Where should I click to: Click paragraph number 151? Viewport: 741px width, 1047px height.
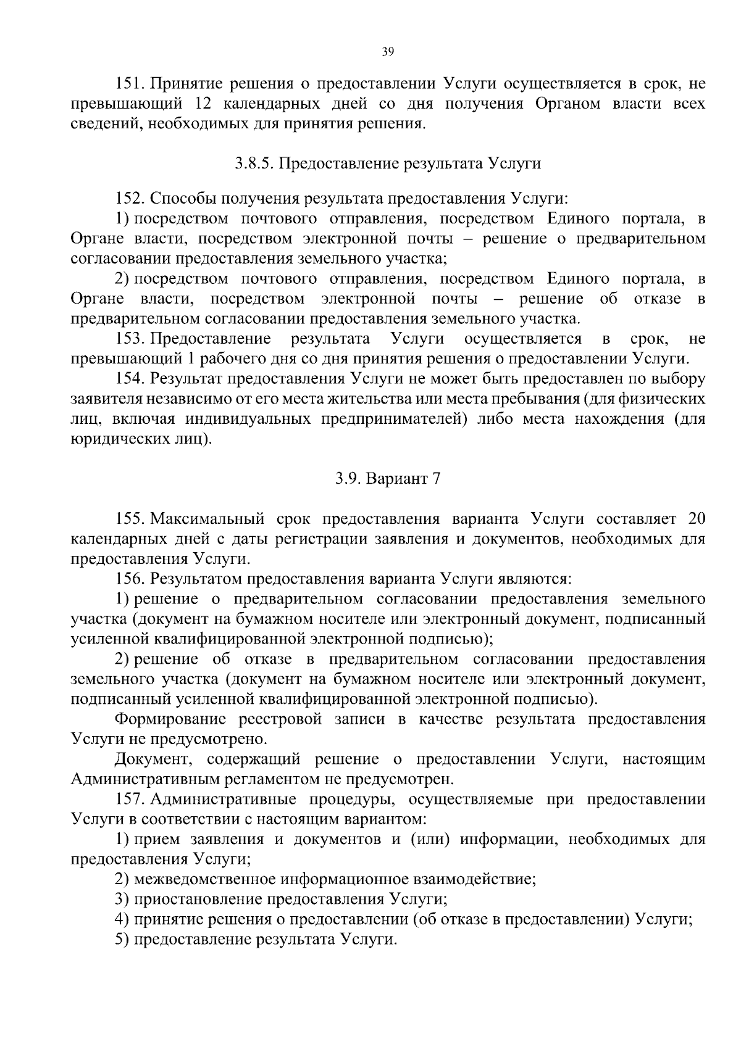coord(129,84)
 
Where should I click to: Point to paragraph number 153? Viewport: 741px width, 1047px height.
coord(129,339)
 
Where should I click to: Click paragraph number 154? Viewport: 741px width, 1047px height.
coord(129,379)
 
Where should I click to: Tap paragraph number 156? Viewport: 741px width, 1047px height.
coord(129,579)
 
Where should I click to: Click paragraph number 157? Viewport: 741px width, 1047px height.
coord(129,800)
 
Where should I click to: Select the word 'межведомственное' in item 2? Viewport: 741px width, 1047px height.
coord(195,879)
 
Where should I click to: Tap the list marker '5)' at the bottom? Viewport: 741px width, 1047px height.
coord(122,939)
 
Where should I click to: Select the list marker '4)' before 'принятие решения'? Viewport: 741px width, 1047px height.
coord(122,919)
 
